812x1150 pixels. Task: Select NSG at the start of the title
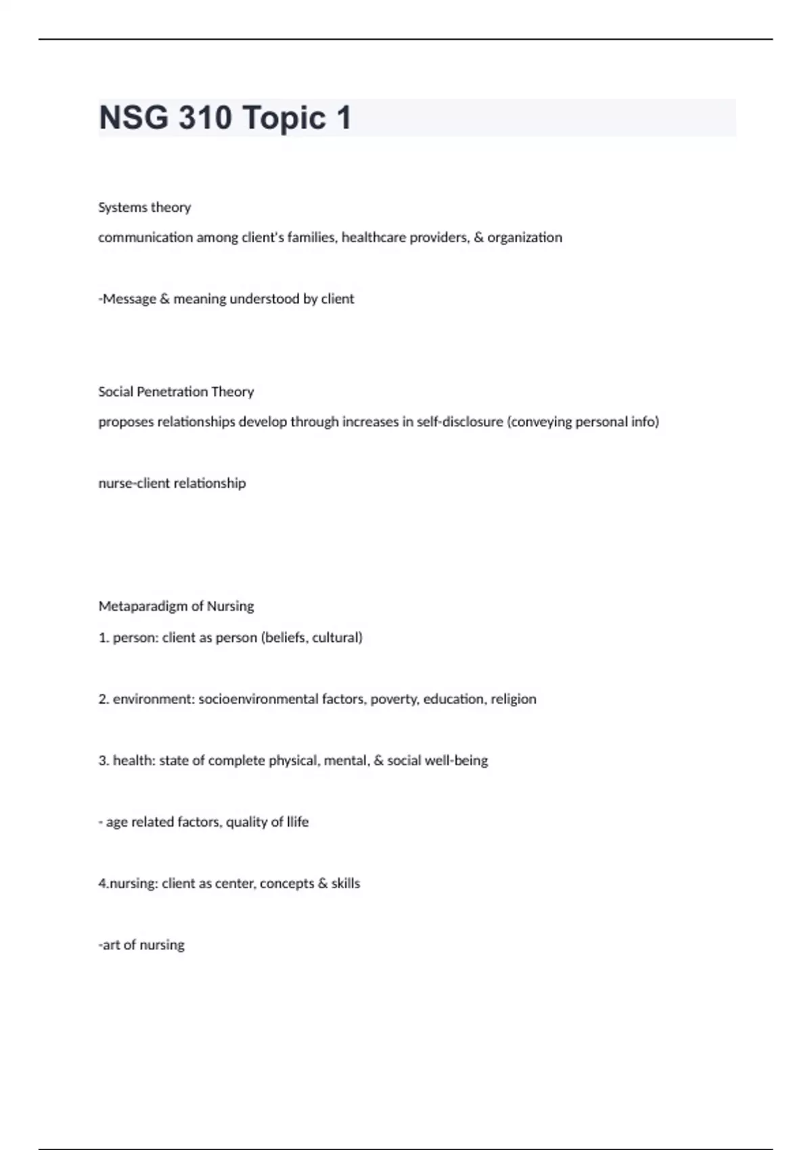[133, 118]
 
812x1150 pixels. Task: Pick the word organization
[524, 237]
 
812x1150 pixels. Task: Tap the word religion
[514, 699]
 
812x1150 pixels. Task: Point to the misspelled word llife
[296, 822]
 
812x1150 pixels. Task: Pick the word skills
[346, 883]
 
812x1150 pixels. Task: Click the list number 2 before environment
[103, 699]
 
